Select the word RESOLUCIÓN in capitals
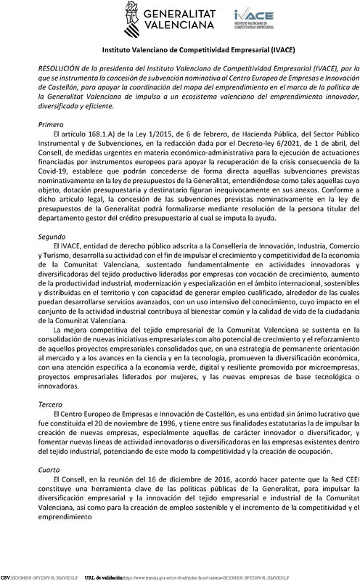60,66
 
